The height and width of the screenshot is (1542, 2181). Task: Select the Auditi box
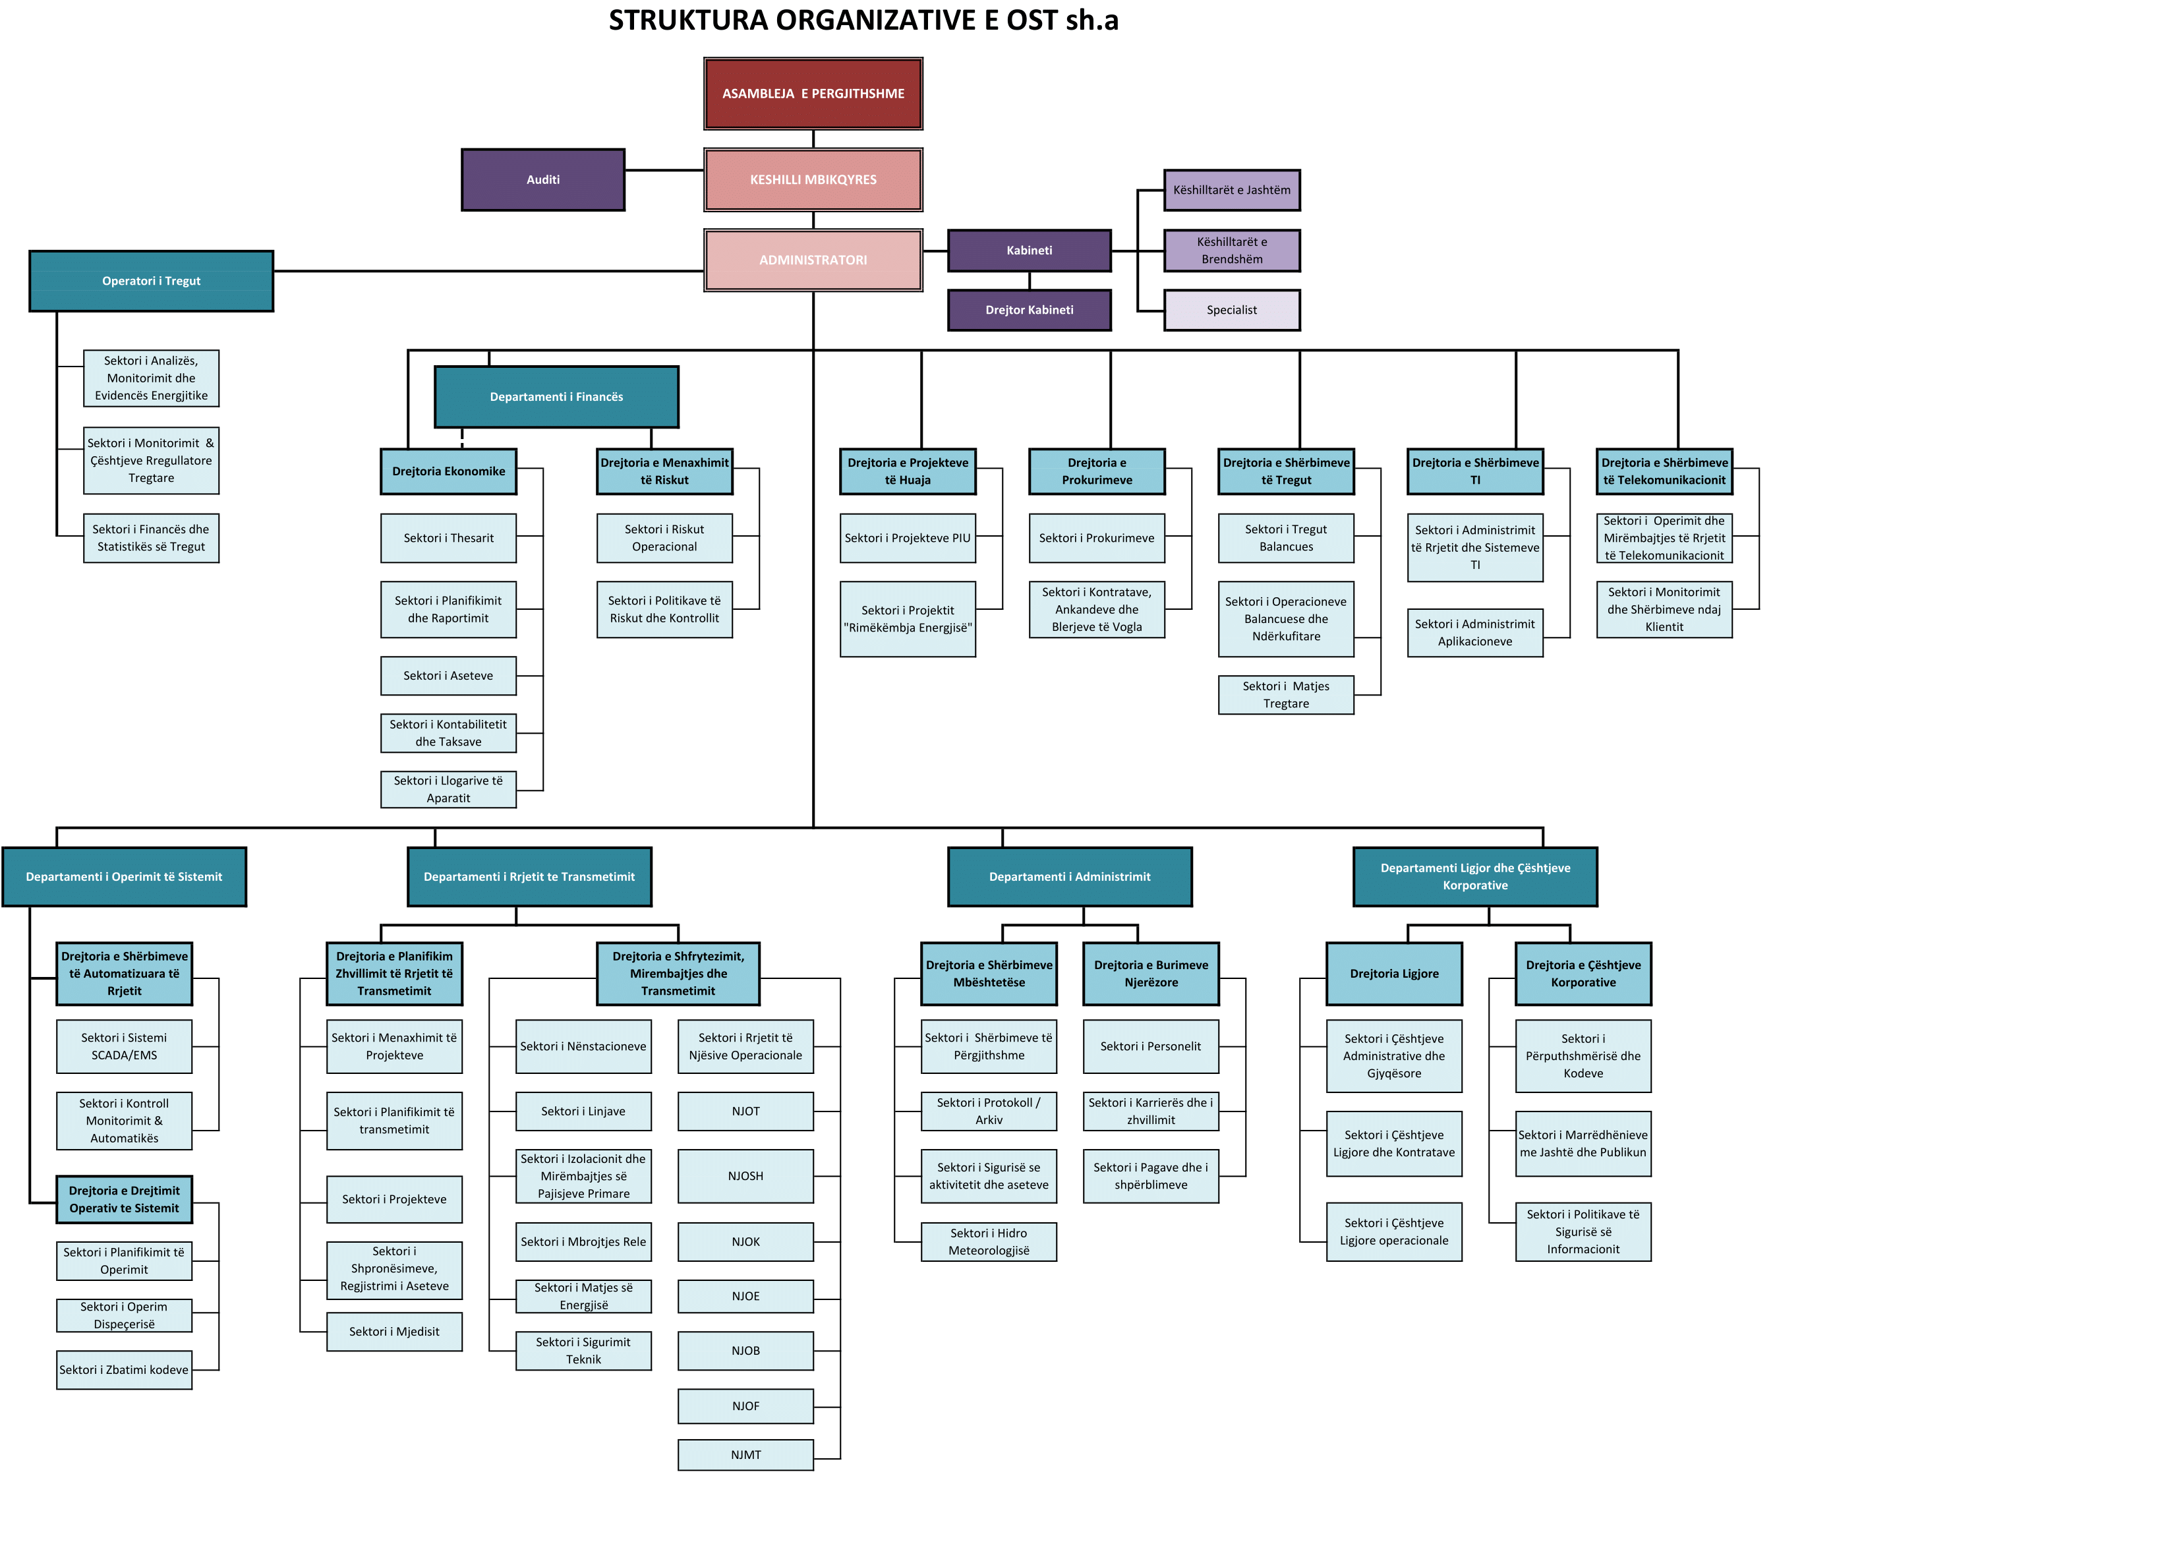(x=542, y=179)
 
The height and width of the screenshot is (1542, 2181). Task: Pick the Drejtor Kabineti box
(x=1029, y=310)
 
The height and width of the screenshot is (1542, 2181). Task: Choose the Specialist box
(x=1231, y=310)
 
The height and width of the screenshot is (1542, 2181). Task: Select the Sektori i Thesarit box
(x=448, y=538)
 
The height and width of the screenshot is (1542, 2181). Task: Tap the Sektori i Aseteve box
(x=448, y=676)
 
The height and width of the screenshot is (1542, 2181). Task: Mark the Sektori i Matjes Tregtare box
(x=1285, y=694)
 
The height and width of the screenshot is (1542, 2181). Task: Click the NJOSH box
(x=745, y=1176)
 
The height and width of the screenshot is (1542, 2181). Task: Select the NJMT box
(x=745, y=1454)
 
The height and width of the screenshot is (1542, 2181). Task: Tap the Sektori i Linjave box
(x=583, y=1112)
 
